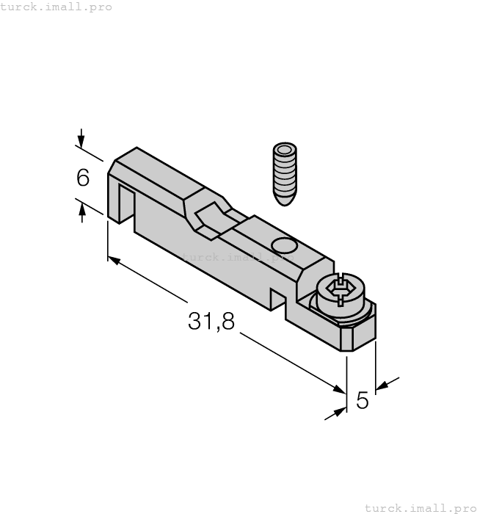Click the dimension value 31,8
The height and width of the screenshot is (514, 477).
pyautogui.click(x=211, y=321)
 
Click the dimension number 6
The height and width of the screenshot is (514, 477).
pyautogui.click(x=83, y=178)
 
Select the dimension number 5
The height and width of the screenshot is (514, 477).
pyautogui.click(x=363, y=400)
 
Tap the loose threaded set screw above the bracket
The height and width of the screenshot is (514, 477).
pyautogui.click(x=284, y=172)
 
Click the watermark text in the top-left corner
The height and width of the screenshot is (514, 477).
pyautogui.click(x=57, y=7)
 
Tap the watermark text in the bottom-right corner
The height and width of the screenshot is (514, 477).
pyautogui.click(x=420, y=507)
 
